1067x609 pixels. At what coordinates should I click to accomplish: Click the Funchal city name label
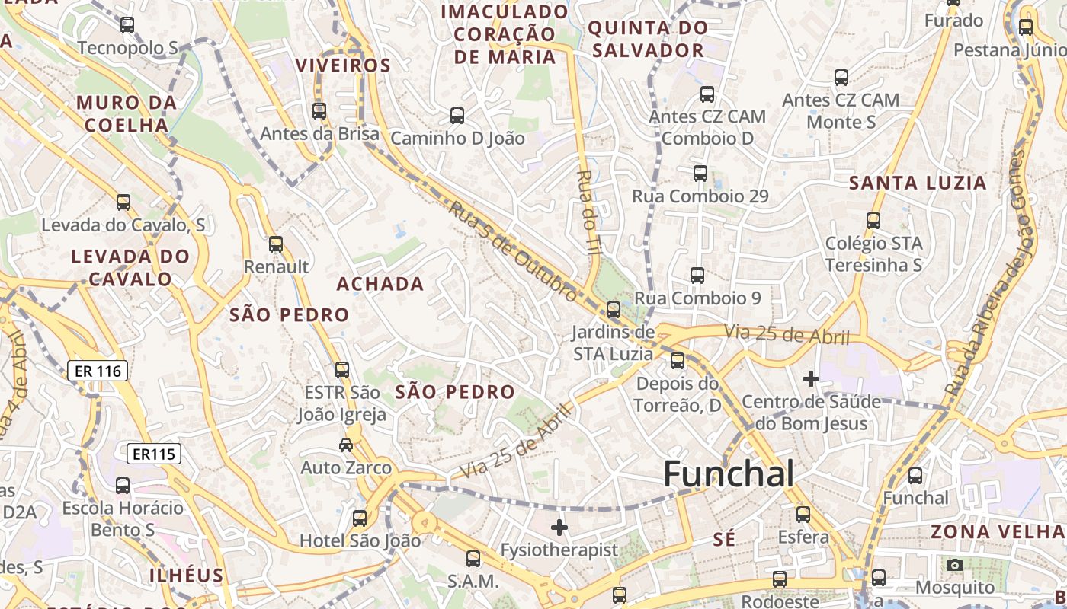coord(729,474)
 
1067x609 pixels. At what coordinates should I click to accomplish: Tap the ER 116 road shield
coord(98,371)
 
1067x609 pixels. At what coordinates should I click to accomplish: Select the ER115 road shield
coord(154,454)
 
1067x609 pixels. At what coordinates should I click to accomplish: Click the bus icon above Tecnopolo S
coord(127,25)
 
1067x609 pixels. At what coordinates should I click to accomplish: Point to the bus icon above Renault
coord(276,244)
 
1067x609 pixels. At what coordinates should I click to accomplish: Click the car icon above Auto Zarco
coord(345,445)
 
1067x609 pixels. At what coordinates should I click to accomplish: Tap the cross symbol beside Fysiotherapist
coord(559,527)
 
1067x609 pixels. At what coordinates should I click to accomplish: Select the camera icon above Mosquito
coord(954,565)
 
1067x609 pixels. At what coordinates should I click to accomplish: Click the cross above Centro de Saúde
coord(811,378)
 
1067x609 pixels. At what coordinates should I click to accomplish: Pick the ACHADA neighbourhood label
coord(380,284)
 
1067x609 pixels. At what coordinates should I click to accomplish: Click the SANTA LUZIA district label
coord(918,183)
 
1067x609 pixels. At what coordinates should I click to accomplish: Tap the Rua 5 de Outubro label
coord(512,250)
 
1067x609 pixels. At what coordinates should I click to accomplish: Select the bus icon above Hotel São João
coord(360,518)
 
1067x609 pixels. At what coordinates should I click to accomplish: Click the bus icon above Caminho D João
coord(457,116)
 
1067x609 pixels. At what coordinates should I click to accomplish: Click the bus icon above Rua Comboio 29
coord(700,174)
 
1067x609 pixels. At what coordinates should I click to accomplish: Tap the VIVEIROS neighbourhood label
coord(343,65)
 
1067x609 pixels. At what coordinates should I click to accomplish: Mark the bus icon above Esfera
coord(803,515)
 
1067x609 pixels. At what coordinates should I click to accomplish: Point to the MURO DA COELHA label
coord(127,113)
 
